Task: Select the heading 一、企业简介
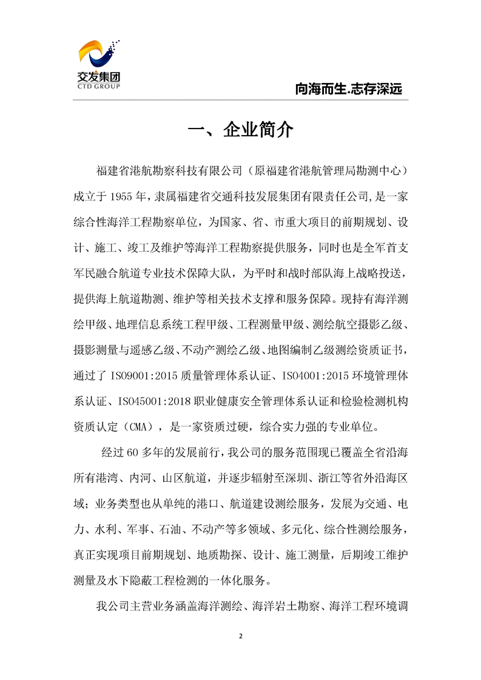coord(241,130)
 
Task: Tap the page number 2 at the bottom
coord(241,636)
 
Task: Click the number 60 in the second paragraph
coord(134,452)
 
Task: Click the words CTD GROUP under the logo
coord(99,87)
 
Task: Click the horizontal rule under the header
coord(241,99)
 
